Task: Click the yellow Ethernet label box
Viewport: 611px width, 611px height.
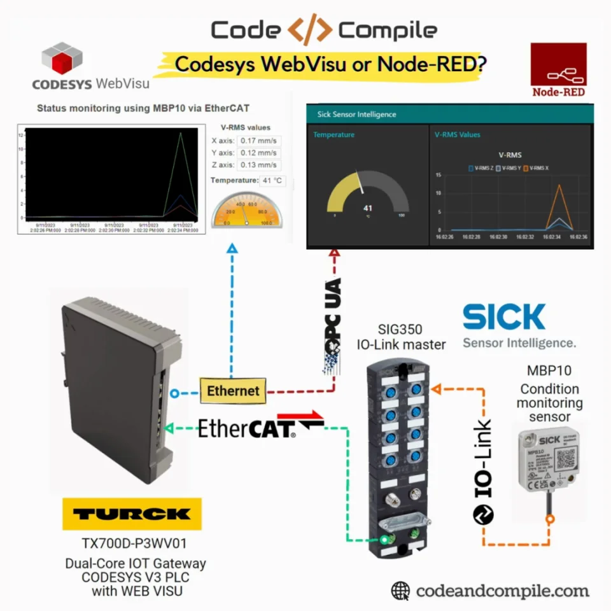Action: [233, 390]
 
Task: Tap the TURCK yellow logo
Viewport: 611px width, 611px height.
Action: [132, 514]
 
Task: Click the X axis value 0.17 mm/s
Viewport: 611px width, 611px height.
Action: [258, 141]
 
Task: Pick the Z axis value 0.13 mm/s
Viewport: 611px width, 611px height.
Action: [258, 165]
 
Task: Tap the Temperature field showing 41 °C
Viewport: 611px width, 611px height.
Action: [272, 181]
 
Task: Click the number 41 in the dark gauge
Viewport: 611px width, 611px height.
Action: [367, 208]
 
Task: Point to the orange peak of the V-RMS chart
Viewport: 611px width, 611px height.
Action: [559, 185]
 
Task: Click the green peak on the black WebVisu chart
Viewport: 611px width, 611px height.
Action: [181, 133]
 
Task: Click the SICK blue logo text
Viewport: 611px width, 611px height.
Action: [503, 317]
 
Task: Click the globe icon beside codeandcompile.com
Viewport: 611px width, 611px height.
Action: [400, 591]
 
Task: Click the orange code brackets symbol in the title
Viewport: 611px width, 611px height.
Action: [309, 30]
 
